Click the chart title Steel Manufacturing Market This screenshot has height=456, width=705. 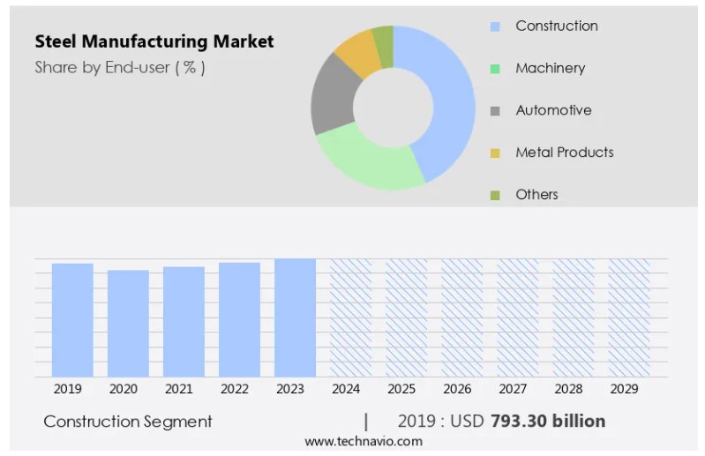click(x=154, y=41)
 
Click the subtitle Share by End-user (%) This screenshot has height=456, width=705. click(x=120, y=67)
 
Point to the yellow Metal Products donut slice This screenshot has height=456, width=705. click(x=357, y=50)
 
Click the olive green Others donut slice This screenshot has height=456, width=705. click(x=383, y=35)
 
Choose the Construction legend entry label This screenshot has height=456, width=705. click(x=556, y=26)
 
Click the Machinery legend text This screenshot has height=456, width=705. click(x=550, y=68)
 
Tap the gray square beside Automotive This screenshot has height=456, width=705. click(x=495, y=111)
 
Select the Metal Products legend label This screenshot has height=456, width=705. click(x=564, y=153)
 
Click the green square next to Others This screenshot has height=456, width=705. click(x=495, y=195)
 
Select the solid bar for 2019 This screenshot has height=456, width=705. click(x=72, y=319)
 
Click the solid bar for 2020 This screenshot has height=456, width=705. click(x=128, y=323)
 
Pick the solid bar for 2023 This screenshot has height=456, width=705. click(x=295, y=318)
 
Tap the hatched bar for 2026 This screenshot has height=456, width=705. click(x=461, y=318)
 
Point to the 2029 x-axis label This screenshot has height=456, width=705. click(x=623, y=388)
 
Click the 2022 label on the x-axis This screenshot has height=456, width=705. click(x=234, y=388)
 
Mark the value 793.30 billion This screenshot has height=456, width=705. click(x=547, y=421)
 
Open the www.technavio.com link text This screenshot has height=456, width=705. click(x=364, y=441)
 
